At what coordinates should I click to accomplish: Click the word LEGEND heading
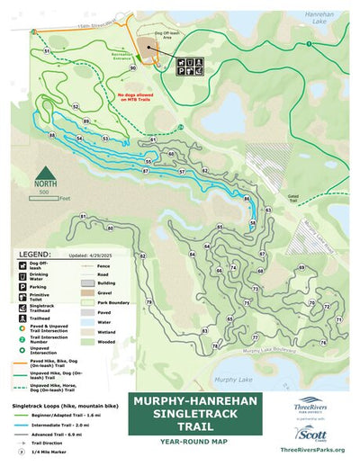(35, 255)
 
